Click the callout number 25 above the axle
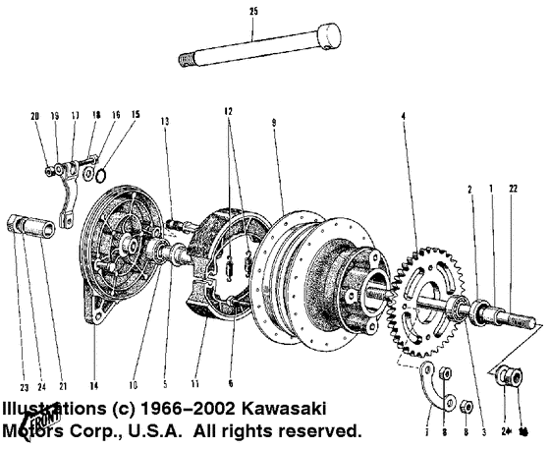252,11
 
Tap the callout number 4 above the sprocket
403,118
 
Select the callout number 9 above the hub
275,123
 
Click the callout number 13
166,120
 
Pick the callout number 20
34,115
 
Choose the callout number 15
136,115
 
